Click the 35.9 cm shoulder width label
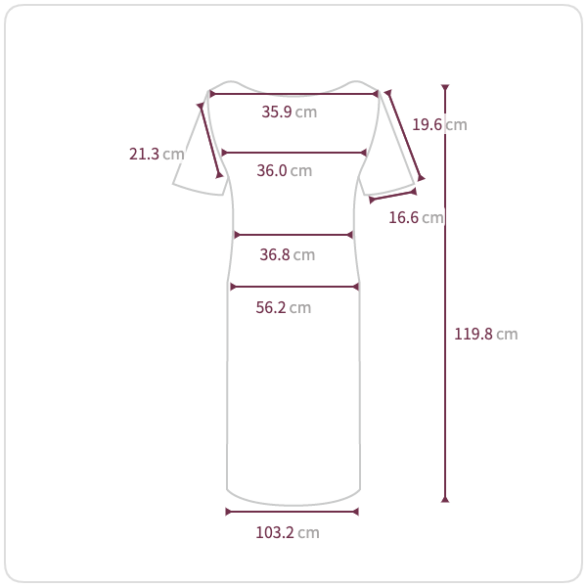pos(289,112)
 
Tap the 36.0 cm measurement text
pos(284,170)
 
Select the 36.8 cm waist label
pos(287,254)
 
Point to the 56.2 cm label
pos(284,308)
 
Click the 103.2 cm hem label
pos(287,533)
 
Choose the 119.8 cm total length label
pos(485,334)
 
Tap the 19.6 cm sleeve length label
pos(439,124)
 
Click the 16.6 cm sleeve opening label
pos(416,217)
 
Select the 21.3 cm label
pos(157,154)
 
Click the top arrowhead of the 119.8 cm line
pos(445,87)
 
